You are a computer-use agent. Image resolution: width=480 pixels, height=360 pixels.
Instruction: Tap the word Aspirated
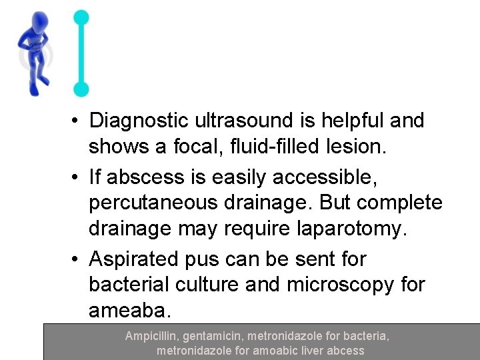(137, 258)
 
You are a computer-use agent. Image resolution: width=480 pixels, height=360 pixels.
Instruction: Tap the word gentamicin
(213, 337)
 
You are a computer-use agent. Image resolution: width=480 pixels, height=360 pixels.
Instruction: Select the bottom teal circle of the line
(81, 88)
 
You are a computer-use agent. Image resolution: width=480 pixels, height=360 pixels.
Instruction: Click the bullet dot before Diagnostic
(78, 121)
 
